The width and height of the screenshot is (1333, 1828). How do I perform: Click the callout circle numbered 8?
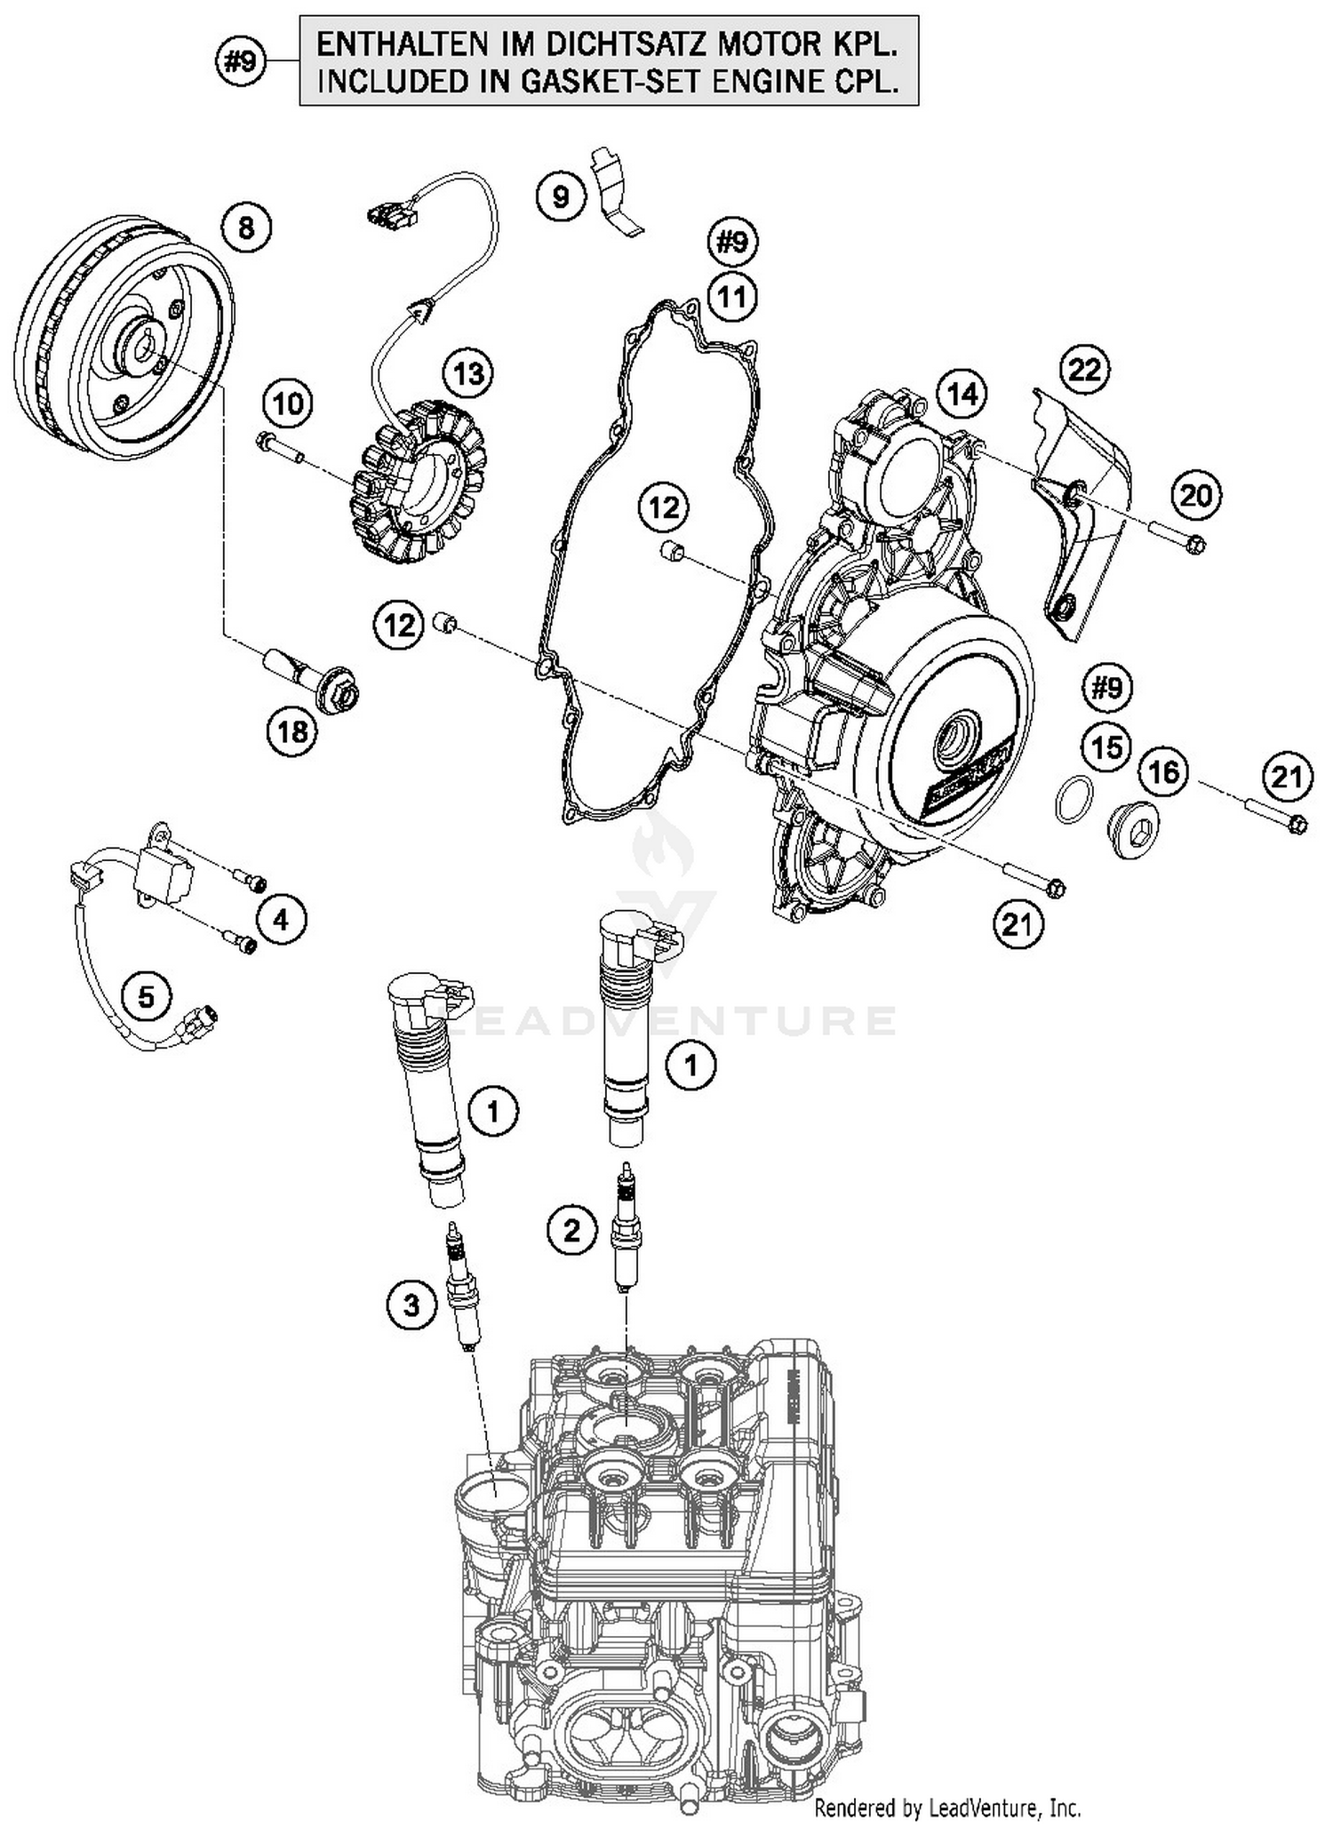point(246,228)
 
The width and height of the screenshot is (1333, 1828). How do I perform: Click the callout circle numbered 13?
point(468,373)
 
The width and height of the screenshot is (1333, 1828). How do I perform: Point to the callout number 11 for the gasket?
point(731,296)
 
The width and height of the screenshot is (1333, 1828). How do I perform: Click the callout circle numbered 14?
point(962,394)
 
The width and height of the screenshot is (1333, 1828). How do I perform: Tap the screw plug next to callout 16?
point(1135,829)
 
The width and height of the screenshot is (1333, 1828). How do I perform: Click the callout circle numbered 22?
point(1084,369)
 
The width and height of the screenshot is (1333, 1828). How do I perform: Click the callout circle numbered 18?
point(292,731)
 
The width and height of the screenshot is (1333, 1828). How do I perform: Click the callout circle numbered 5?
point(147,996)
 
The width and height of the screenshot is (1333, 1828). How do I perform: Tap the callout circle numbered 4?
point(281,920)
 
